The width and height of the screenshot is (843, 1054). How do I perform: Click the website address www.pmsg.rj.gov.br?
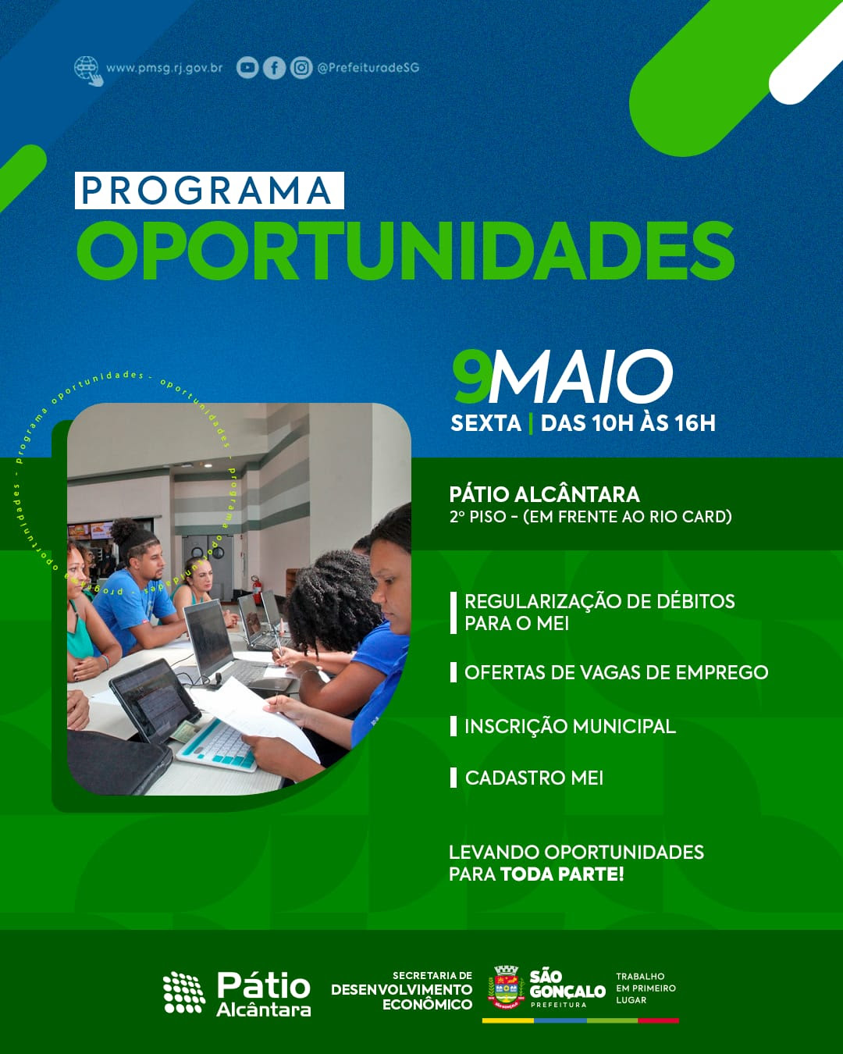(x=164, y=68)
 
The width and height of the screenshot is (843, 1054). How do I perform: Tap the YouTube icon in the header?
(x=247, y=68)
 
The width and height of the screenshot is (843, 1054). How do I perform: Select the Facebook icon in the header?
(x=274, y=68)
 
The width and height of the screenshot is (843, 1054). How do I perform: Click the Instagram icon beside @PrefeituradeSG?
(x=301, y=68)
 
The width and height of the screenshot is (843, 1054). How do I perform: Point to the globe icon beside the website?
(x=87, y=69)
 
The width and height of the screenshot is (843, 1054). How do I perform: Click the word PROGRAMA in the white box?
(x=208, y=191)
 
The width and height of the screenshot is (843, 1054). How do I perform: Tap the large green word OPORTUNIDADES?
(x=405, y=251)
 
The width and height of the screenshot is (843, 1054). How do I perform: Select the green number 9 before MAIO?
(x=471, y=376)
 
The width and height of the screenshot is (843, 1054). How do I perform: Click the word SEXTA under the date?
(x=486, y=423)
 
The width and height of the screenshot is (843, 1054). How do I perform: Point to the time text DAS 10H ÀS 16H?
(x=628, y=423)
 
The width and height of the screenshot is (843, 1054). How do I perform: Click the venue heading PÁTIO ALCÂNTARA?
(x=544, y=494)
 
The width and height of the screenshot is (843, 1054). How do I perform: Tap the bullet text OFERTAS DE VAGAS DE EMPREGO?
(x=616, y=672)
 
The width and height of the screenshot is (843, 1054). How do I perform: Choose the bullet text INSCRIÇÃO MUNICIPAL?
(x=570, y=726)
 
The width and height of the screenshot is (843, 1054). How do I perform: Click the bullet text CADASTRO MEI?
(x=534, y=778)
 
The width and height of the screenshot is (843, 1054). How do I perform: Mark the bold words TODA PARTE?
(x=562, y=874)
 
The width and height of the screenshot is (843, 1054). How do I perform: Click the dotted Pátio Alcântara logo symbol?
(x=183, y=992)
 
